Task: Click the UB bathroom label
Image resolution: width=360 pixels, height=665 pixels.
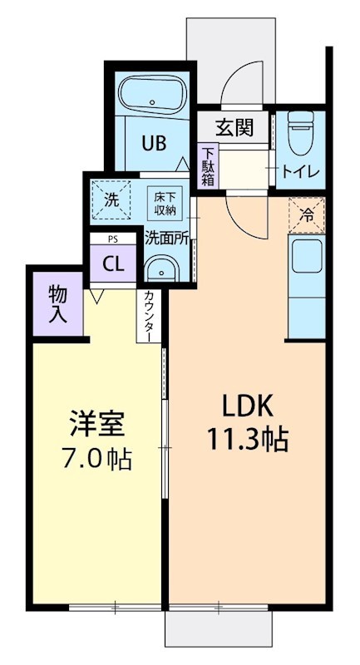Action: (152, 143)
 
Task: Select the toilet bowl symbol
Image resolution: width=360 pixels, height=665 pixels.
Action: (300, 131)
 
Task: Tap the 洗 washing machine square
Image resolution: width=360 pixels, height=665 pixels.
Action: (111, 199)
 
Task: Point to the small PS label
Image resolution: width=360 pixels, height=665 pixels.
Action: (113, 239)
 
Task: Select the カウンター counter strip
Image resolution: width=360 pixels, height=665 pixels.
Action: (148, 316)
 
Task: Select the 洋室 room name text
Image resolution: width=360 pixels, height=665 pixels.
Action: (96, 423)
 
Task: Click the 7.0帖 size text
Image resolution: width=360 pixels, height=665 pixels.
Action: (96, 458)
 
